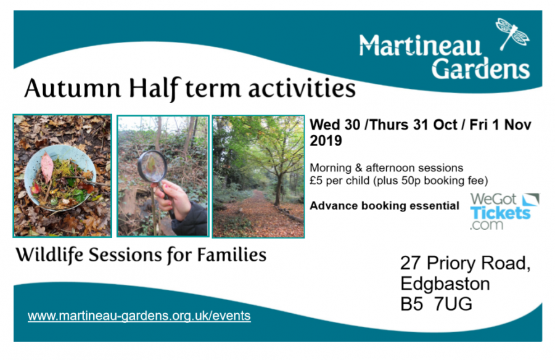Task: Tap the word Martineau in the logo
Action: tap(421, 46)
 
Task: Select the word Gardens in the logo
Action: tap(480, 68)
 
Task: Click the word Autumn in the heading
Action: tap(73, 88)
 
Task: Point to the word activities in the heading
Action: tap(302, 88)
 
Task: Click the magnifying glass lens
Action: tap(152, 166)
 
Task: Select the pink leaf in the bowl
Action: tap(47, 167)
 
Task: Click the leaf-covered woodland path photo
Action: tap(258, 176)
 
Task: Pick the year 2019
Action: tap(326, 141)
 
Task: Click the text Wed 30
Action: tap(335, 125)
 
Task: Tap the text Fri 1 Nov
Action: tap(500, 125)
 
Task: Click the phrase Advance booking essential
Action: tap(384, 206)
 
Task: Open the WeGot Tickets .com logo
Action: tap(504, 211)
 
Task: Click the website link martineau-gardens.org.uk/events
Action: tap(139, 316)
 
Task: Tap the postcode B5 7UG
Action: tap(436, 304)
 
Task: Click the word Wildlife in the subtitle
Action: tap(49, 255)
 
